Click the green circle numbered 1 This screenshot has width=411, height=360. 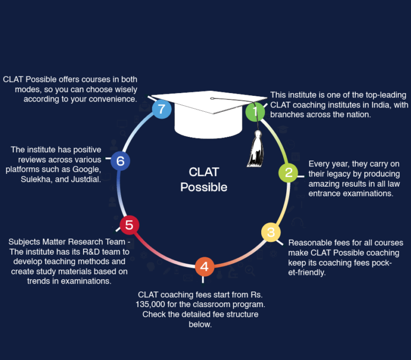[x=255, y=112]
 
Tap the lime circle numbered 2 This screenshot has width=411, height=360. [x=288, y=173]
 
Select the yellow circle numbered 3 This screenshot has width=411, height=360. [x=271, y=232]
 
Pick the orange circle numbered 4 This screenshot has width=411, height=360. [x=204, y=266]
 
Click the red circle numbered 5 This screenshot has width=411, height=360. [x=129, y=225]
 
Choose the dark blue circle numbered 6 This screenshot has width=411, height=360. [x=120, y=160]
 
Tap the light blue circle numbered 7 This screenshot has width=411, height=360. [x=162, y=110]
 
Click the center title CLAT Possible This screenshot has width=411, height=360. [x=204, y=180]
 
